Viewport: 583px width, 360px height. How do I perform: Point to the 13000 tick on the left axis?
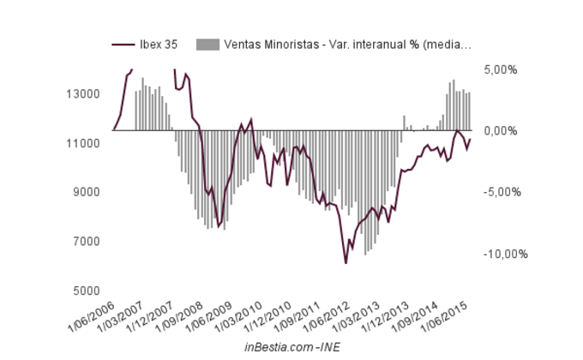click(89, 93)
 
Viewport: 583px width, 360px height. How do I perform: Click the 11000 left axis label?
click(89, 143)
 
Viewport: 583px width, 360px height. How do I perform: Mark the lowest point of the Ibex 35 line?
click(346, 262)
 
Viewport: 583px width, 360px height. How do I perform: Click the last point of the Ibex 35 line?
click(471, 140)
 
